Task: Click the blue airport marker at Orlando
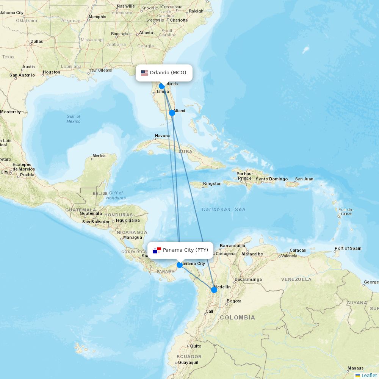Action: pos(162,86)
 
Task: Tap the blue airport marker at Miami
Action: pos(172,113)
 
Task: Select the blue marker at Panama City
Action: pos(180,265)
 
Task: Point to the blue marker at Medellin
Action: pos(214,290)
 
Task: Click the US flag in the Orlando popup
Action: pos(144,73)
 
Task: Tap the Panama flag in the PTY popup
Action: pos(157,250)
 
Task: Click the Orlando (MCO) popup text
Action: pos(168,73)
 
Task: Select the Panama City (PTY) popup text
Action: pos(185,250)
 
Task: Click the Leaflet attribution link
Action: pos(369,375)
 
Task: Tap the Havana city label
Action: pos(163,136)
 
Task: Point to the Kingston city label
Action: pos(212,183)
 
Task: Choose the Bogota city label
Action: pos(234,301)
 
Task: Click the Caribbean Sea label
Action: pos(223,209)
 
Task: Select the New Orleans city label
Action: pos(100,70)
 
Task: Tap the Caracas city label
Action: pos(298,251)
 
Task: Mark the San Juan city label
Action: pos(304,179)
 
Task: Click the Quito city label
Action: pos(196,346)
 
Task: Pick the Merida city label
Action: pos(99,156)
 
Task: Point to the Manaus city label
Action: pos(355,368)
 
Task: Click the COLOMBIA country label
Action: pos(237,318)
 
